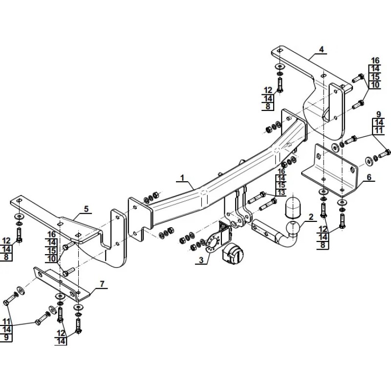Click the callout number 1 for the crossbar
click(x=182, y=178)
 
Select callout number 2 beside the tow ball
click(x=311, y=217)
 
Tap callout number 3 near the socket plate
click(x=201, y=260)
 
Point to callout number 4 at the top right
click(x=322, y=49)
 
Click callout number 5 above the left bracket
click(x=87, y=209)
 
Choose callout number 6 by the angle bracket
click(x=369, y=177)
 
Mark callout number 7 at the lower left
click(x=102, y=284)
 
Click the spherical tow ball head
click(x=292, y=227)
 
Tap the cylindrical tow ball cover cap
click(x=293, y=207)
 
